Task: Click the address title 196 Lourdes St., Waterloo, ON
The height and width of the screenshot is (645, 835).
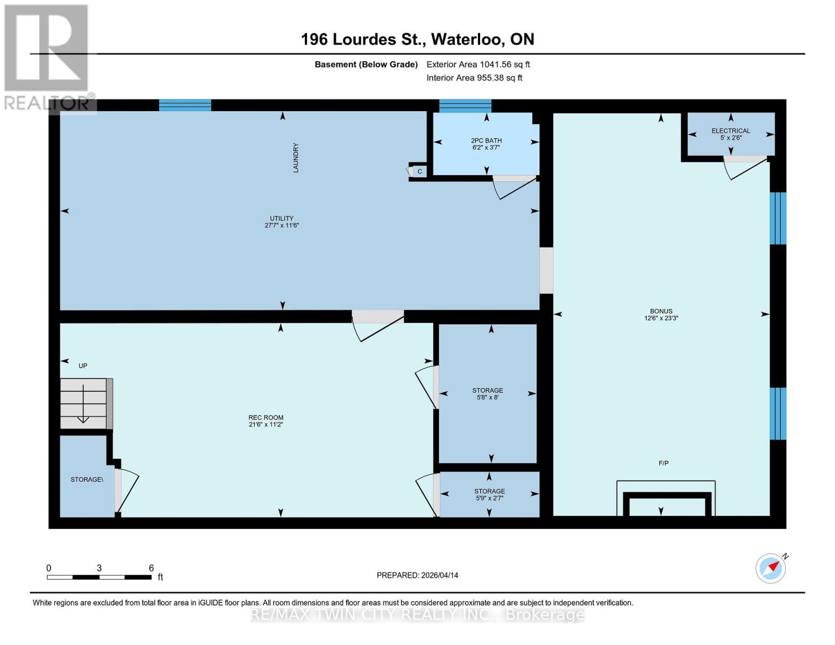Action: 417,39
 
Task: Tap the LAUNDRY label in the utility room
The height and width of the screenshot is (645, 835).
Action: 295,157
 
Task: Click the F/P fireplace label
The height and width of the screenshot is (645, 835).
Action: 663,463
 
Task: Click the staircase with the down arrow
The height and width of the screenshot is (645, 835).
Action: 84,403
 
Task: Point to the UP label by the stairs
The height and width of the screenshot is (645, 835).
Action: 83,365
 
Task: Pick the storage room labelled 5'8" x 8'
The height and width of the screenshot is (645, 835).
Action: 488,393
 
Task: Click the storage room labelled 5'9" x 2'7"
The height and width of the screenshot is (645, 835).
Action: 489,494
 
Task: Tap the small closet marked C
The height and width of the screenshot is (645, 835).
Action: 419,171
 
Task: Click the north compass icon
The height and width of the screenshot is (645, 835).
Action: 771,568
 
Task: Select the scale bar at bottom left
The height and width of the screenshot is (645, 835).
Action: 99,577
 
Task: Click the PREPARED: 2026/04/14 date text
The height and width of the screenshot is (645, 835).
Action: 417,575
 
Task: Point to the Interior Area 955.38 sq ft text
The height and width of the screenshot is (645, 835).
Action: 474,78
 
